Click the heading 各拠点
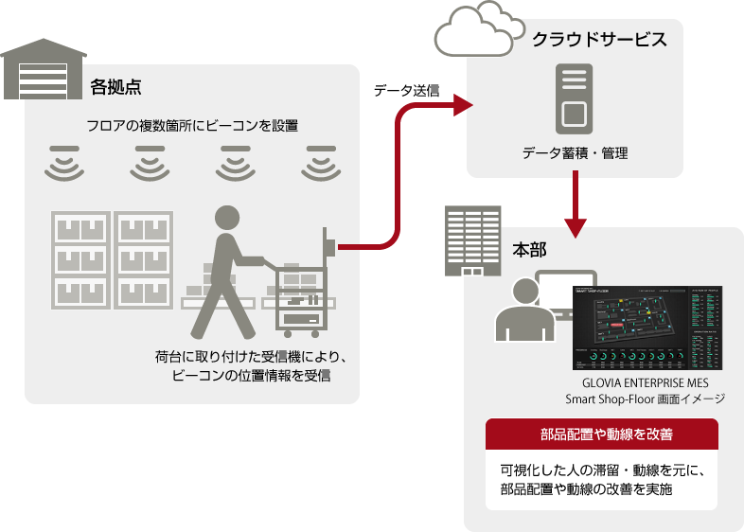[115, 87]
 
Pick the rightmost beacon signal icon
[321, 163]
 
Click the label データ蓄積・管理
[575, 153]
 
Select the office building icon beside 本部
[472, 241]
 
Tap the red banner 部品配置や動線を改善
[601, 434]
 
